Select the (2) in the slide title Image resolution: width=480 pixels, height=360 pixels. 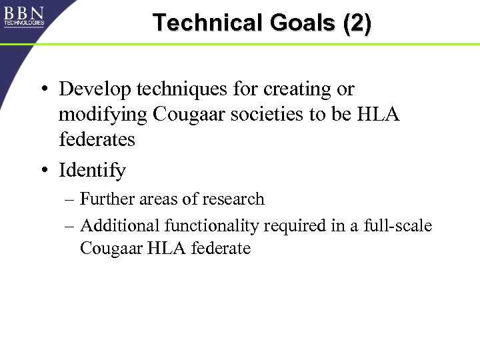357,23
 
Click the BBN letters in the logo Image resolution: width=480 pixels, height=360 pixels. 24,13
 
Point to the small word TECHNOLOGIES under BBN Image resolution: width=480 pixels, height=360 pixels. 24,23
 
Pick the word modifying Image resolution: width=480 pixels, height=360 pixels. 103,115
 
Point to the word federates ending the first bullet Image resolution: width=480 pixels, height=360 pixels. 97,139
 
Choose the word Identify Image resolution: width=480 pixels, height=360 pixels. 92,171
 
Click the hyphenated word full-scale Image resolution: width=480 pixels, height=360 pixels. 398,226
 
